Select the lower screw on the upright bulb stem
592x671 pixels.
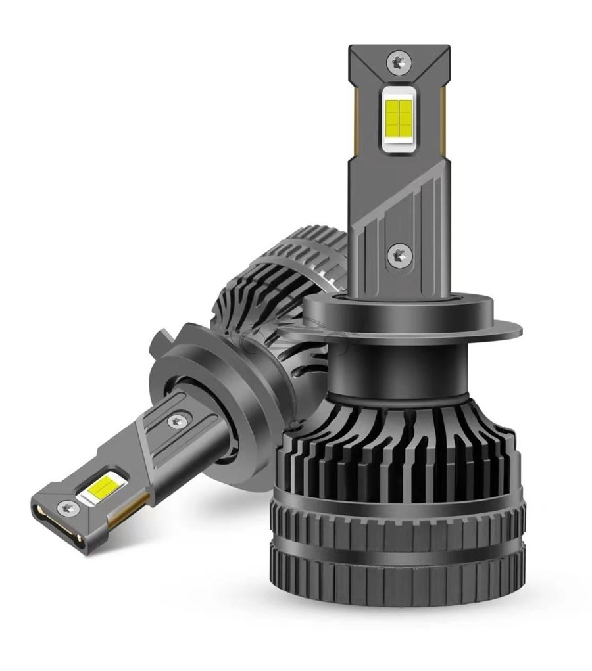pyautogui.click(x=398, y=254)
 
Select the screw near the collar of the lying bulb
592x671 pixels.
pyautogui.click(x=176, y=421)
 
